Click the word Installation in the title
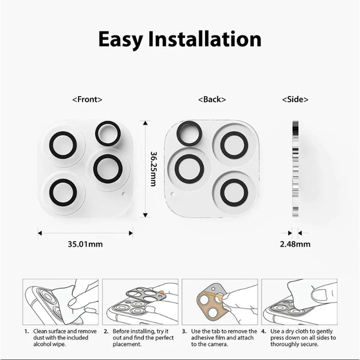pos(205,39)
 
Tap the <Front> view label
pos(87,99)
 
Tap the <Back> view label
pos(212,99)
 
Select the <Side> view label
pos(295,99)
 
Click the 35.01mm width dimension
pos(85,244)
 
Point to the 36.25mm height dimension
pos(153,168)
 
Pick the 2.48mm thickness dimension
pos(295,244)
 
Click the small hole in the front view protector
pos(123,194)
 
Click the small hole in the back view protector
pos(172,193)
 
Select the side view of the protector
pos(295,168)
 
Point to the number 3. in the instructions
pos(185,331)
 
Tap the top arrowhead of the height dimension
pos(145,123)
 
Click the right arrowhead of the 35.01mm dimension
pos(131,232)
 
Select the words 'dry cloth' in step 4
pos(298,331)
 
